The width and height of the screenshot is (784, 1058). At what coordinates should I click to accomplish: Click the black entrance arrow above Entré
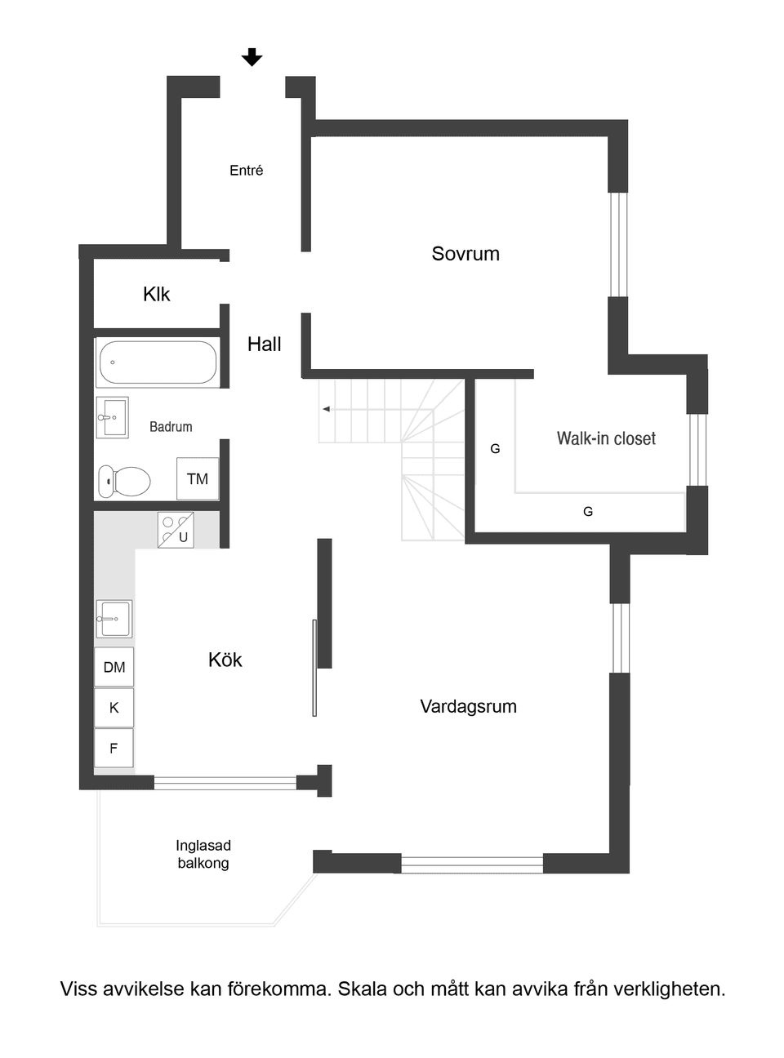[x=252, y=57]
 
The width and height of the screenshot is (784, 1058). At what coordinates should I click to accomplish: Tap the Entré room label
[x=246, y=170]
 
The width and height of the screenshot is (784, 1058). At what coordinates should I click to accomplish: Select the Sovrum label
[x=465, y=253]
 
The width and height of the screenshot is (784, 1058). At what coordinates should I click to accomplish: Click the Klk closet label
[x=156, y=294]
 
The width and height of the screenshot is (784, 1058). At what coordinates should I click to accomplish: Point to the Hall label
[x=264, y=345]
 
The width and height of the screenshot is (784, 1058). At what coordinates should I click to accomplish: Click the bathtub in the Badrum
[x=158, y=362]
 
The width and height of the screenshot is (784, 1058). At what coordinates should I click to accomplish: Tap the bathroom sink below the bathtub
[x=112, y=417]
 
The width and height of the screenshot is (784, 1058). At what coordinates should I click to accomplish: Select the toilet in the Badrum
[x=124, y=481]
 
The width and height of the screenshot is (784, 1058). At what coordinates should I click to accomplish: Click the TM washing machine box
[x=198, y=478]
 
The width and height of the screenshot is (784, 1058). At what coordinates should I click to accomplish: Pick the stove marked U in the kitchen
[x=176, y=530]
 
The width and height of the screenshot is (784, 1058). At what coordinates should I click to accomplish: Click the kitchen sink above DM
[x=114, y=618]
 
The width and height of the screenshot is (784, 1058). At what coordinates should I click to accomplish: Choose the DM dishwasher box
[x=114, y=667]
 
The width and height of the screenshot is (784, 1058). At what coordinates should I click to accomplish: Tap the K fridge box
[x=114, y=707]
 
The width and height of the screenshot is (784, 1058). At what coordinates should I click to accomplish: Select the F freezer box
[x=114, y=748]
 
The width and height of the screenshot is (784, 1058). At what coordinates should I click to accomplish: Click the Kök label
[x=225, y=660]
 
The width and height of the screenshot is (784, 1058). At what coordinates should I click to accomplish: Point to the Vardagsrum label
[x=468, y=706]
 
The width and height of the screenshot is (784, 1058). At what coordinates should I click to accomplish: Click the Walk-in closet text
[x=606, y=438]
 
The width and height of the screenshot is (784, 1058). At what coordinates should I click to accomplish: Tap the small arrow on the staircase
[x=326, y=409]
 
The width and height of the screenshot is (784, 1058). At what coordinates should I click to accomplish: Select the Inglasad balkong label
[x=203, y=854]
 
